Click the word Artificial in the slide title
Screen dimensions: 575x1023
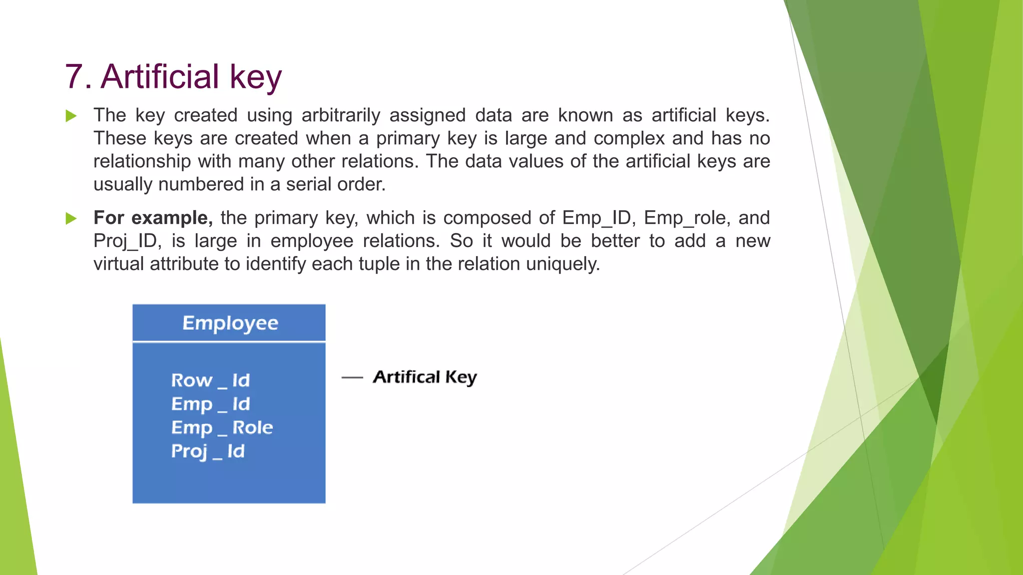coord(160,77)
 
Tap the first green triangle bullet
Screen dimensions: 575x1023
coord(71,116)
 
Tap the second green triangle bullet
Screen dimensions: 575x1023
coord(71,219)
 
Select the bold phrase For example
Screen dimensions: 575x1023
coord(153,218)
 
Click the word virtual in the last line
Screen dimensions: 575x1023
coord(118,264)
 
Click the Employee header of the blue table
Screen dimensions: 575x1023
coord(230,323)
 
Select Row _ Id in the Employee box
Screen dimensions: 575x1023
coord(210,380)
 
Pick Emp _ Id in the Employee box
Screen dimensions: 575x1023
coord(210,404)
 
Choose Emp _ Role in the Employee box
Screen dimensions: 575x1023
coord(222,428)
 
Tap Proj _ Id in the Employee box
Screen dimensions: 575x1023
coord(208,451)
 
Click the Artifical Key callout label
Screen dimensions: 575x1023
coord(425,377)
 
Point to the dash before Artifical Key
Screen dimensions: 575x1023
coord(352,378)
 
